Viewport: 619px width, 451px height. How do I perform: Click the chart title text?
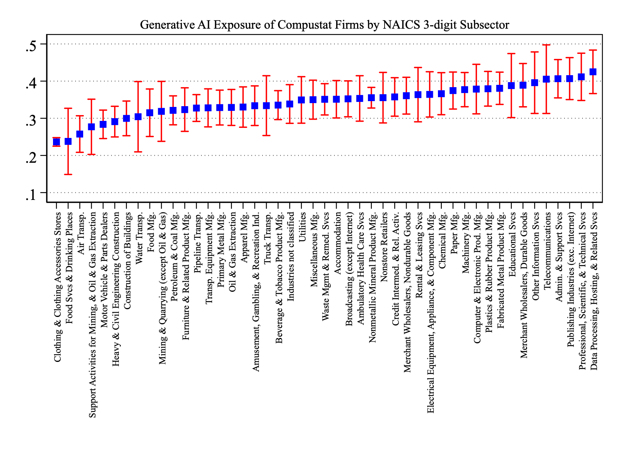coord(324,25)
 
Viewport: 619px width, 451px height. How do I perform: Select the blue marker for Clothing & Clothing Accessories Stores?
coord(56,142)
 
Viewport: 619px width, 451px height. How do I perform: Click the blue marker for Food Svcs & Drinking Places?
coord(68,141)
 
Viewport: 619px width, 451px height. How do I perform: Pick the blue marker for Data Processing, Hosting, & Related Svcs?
coord(593,72)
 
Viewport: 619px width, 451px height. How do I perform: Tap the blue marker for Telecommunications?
coord(546,79)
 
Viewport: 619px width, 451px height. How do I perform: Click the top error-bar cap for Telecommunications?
coord(546,45)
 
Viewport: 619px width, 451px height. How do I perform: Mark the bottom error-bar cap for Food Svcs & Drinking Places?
coord(68,174)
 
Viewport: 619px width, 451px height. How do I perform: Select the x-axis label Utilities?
coord(303,227)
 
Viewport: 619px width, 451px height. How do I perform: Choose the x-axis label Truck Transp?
coord(267,235)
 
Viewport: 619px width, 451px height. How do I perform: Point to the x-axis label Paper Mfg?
coord(454,232)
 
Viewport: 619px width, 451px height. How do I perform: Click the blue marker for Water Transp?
coord(138,117)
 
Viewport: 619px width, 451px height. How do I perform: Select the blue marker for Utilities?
coord(301,100)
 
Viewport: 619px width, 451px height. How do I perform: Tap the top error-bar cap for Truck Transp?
coord(266,76)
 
